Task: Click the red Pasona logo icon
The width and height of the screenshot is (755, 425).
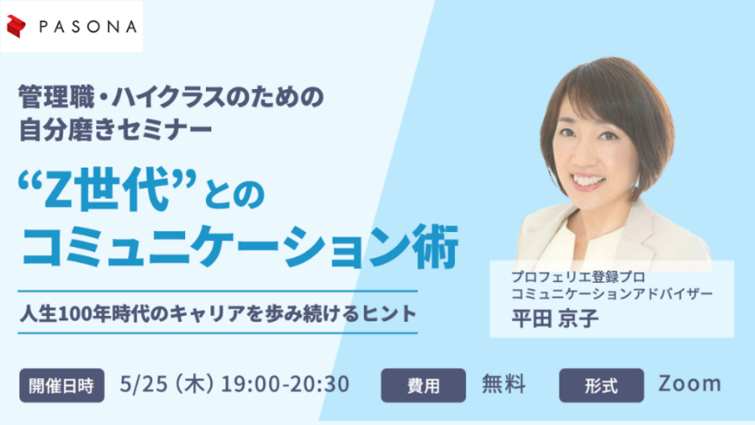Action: pyautogui.click(x=16, y=26)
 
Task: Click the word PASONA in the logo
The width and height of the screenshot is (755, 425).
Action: pyautogui.click(x=87, y=27)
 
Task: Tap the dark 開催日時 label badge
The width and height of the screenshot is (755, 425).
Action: pyautogui.click(x=62, y=385)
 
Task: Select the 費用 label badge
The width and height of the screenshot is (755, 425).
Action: pyautogui.click(x=423, y=385)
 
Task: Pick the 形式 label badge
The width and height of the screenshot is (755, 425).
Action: pyautogui.click(x=601, y=385)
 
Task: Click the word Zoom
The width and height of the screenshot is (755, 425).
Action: pyautogui.click(x=690, y=384)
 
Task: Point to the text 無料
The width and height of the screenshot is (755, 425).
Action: pyautogui.click(x=504, y=384)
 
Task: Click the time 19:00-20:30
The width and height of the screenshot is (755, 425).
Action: pyautogui.click(x=285, y=384)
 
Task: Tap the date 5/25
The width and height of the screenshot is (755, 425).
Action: pyautogui.click(x=143, y=384)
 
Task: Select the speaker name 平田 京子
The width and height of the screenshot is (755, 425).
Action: pyautogui.click(x=555, y=319)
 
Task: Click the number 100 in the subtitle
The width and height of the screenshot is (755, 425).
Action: pyautogui.click(x=75, y=314)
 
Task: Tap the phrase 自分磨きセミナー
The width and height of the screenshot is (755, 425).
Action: pyautogui.click(x=115, y=129)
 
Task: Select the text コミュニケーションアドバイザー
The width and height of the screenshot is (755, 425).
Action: pyautogui.click(x=612, y=293)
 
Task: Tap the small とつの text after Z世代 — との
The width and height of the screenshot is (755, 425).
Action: pyautogui.click(x=234, y=195)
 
